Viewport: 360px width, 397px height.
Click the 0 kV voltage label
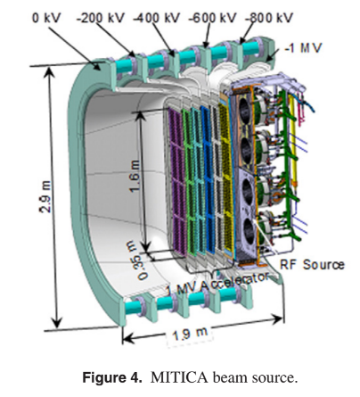tap(46, 18)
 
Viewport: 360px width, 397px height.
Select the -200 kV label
tap(100, 18)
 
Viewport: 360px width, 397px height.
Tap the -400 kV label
tap(157, 18)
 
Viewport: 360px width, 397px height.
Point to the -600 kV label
tap(212, 18)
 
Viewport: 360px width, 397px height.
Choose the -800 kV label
tap(269, 18)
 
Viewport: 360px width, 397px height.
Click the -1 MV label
tap(303, 48)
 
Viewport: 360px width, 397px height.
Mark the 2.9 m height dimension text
tap(45, 196)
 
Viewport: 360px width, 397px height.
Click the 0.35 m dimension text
tap(137, 261)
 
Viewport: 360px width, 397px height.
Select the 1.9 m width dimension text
tap(190, 334)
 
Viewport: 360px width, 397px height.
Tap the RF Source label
tap(312, 265)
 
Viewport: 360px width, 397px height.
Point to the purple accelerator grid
tap(177, 182)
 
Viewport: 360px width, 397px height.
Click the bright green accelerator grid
tap(189, 182)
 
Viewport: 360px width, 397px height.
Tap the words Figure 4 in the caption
tap(110, 377)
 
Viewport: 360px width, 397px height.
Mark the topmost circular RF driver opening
tap(244, 111)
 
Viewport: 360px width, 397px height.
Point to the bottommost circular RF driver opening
tap(250, 231)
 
